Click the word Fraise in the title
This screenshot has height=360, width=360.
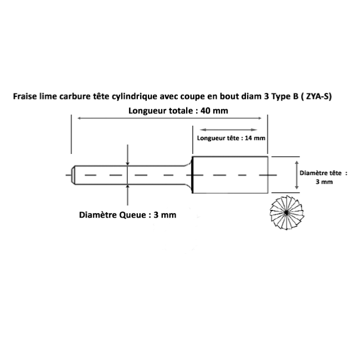pos(25,96)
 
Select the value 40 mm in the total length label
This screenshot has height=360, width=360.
pos(214,111)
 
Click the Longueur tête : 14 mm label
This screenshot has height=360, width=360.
pos(231,138)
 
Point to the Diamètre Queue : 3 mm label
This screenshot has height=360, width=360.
pos(127,215)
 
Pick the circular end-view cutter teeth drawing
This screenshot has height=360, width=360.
pos(287,213)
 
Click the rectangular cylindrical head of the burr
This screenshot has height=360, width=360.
pos(230,175)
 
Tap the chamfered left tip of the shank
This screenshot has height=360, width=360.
pos(73,175)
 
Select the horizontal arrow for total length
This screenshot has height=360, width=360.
pos(169,118)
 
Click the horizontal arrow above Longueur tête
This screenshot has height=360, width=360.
pos(228,130)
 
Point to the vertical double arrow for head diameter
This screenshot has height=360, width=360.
pos(297,175)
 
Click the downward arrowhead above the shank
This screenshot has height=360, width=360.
pos(127,163)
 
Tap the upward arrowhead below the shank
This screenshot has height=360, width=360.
pos(127,187)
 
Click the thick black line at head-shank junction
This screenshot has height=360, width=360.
pos(193,175)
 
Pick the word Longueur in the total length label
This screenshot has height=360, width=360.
pos(148,111)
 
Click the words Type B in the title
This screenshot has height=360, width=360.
pos(285,96)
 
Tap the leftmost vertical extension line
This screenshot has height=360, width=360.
pos(71,134)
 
